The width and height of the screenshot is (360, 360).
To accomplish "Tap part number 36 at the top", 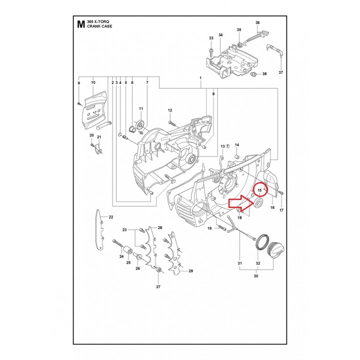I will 257,23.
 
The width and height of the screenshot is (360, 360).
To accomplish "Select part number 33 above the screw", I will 211,38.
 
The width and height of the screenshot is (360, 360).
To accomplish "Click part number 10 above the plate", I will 93,82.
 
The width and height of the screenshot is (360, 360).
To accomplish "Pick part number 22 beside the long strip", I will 111,216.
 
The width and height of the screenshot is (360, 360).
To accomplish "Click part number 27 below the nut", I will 158,286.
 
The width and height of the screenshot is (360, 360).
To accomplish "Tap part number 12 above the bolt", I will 170,110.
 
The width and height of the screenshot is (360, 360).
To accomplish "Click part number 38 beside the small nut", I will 264,74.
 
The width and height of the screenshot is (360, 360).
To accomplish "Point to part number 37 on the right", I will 280,73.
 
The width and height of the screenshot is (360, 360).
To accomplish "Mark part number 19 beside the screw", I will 210,228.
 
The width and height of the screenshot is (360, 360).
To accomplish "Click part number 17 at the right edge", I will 281,210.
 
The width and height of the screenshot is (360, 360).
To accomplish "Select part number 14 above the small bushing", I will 237,145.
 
